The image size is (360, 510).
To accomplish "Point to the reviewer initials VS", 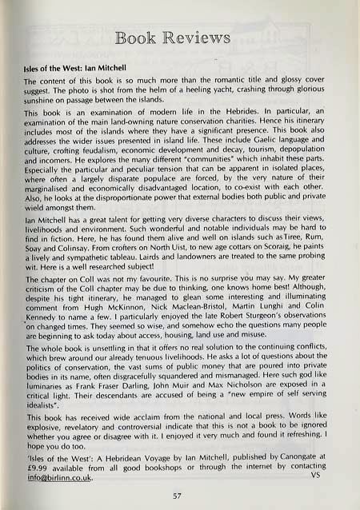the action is coord(328,477).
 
